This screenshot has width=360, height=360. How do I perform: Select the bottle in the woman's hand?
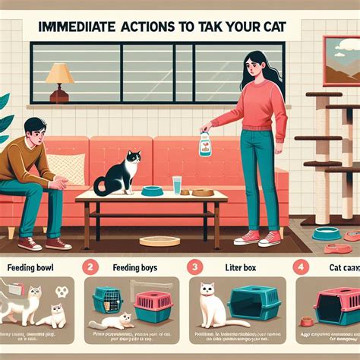pos(205,143)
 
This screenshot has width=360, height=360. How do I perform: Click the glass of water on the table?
pos(176,185)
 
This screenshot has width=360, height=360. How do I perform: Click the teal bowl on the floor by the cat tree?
pos(326,234)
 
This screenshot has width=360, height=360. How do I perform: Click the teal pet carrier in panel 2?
pos(107,298)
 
